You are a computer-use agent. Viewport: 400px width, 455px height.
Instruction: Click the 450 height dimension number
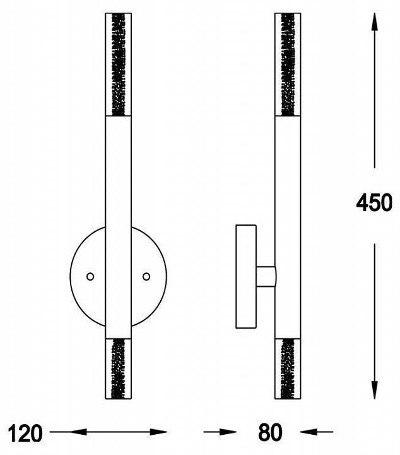pos(374,203)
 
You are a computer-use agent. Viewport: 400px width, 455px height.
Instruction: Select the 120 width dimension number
pos(26,434)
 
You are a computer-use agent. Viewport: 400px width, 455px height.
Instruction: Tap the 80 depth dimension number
pos(270,434)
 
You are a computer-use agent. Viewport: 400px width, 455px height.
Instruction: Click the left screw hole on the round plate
pos(90,276)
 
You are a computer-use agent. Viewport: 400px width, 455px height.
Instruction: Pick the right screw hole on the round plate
pos(146,276)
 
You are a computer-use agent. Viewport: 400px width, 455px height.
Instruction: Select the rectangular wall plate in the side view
pos(245,276)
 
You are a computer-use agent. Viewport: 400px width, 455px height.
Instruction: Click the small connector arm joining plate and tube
pos(266,276)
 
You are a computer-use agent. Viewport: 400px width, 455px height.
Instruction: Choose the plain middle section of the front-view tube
pos(117,190)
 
